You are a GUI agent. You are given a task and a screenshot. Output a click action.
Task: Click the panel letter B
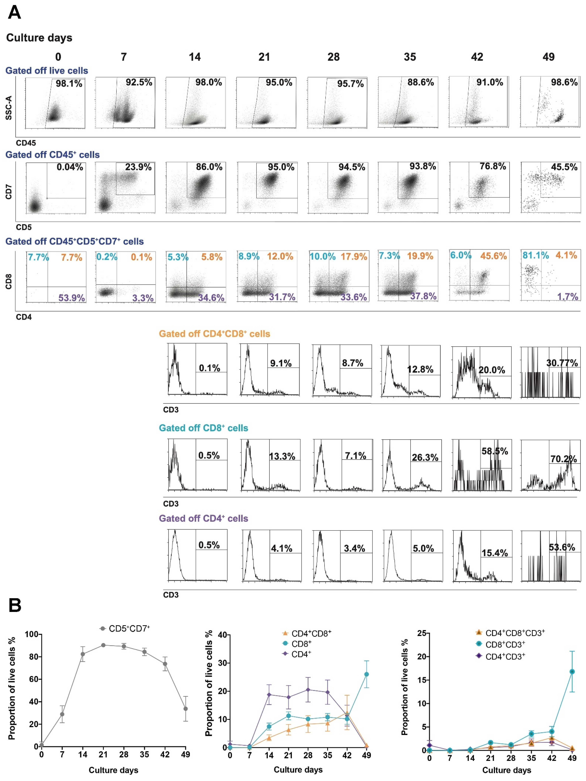click(15, 605)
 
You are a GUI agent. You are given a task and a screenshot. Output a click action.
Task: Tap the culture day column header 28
click(333, 57)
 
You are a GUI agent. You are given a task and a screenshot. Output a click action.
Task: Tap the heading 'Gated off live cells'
click(47, 71)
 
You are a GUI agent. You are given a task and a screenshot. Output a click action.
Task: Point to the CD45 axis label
click(26, 143)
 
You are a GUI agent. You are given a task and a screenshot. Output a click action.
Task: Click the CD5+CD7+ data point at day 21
click(103, 645)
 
